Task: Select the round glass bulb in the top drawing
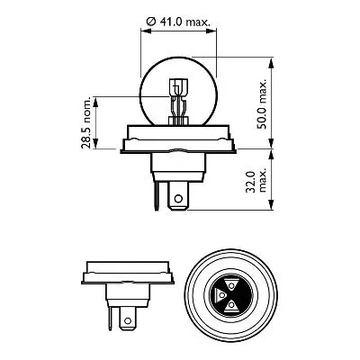point(180,81)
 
